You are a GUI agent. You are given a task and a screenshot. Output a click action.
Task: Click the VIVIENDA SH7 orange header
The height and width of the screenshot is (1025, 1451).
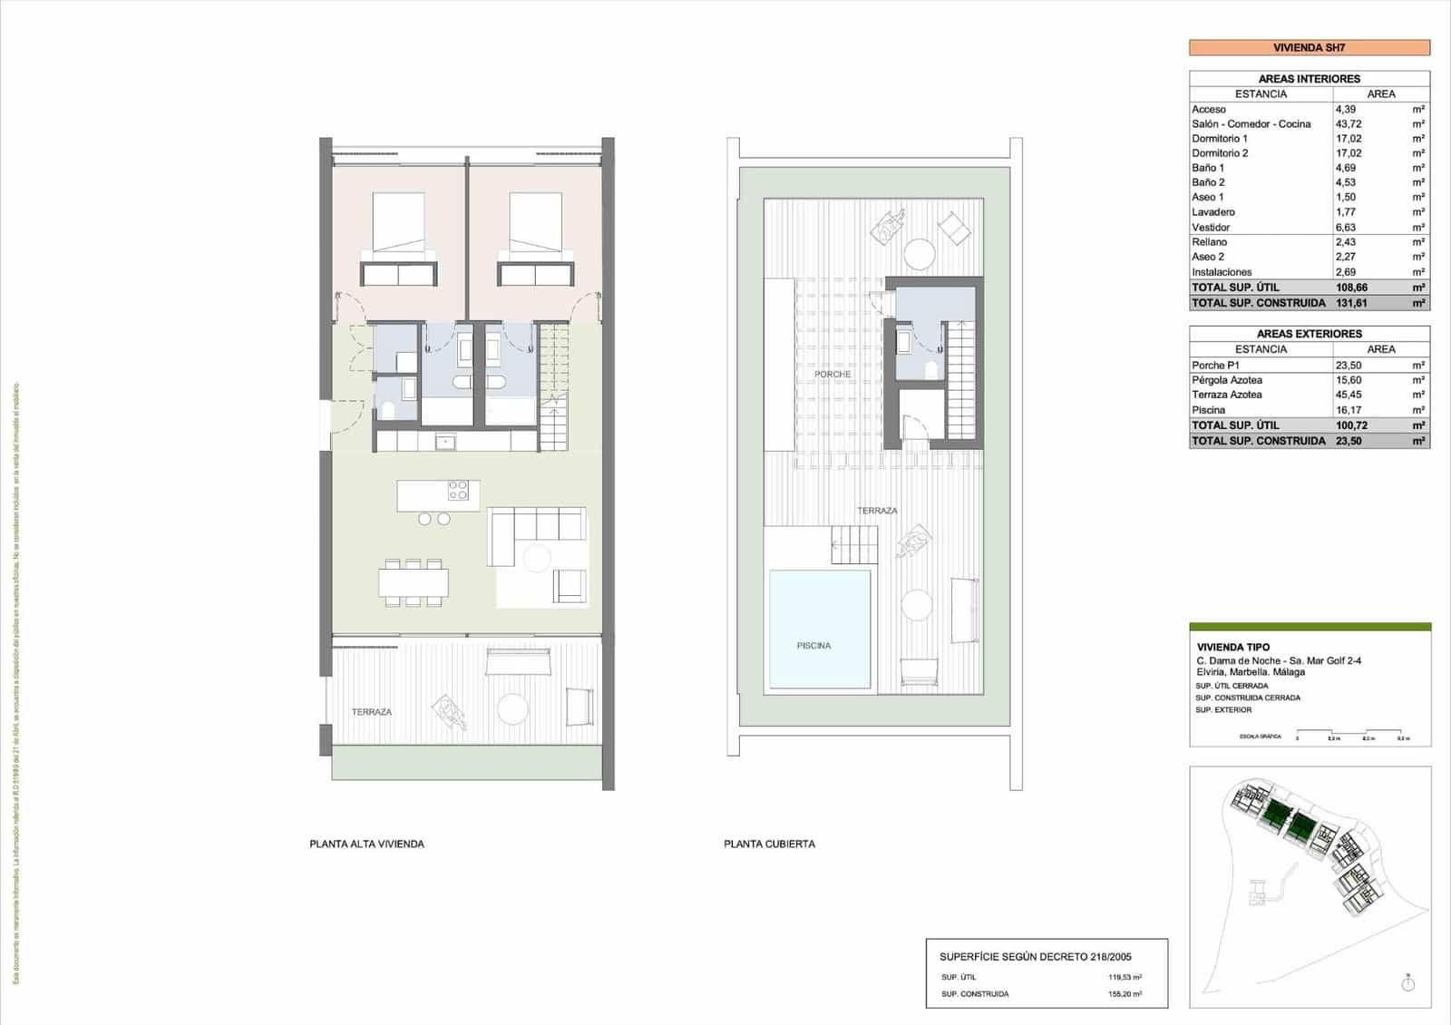[x=1309, y=48]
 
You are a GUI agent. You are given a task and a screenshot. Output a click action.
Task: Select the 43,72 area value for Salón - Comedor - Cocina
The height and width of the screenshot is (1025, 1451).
[x=1348, y=124]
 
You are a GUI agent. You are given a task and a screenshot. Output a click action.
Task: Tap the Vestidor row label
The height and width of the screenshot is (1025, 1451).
[x=1211, y=228]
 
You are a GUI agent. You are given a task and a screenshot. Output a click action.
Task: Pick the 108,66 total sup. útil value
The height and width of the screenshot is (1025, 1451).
[x=1350, y=288]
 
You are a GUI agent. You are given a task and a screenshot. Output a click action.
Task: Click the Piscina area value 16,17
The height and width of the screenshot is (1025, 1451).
[x=1348, y=410]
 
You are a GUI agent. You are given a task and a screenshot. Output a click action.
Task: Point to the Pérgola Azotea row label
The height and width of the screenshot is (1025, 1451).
[x=1226, y=380]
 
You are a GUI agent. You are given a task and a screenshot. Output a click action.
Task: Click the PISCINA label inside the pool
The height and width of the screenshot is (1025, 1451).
[x=813, y=646]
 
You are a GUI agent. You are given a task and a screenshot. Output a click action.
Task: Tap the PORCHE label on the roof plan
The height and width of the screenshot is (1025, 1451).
[x=832, y=375]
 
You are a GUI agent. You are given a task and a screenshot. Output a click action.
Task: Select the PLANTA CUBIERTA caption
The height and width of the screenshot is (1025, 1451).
[x=769, y=844]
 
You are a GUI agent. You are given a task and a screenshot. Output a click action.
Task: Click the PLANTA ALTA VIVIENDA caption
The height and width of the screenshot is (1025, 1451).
[x=366, y=844]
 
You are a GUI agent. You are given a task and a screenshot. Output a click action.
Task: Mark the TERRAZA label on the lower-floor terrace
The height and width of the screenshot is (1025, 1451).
[x=371, y=713]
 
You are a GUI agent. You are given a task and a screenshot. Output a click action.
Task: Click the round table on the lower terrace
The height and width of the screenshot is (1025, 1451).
[x=513, y=708]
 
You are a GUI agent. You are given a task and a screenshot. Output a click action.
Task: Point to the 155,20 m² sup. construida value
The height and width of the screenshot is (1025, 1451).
[x=1124, y=994]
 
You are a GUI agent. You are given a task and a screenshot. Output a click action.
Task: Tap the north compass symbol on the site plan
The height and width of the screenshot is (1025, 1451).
[x=1407, y=983]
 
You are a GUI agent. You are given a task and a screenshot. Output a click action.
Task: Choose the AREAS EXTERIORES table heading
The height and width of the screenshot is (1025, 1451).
[x=1309, y=334]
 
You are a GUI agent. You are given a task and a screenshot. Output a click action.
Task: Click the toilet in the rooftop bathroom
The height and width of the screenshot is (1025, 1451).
[x=930, y=370]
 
